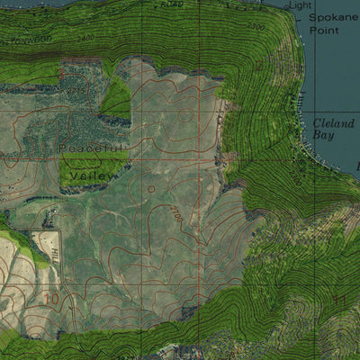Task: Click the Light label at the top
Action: [300, 6]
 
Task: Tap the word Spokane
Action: [332, 17]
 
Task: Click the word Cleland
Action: [333, 123]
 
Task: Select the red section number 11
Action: [339, 300]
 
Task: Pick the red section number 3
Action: [258, 65]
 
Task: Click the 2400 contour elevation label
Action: [85, 38]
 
